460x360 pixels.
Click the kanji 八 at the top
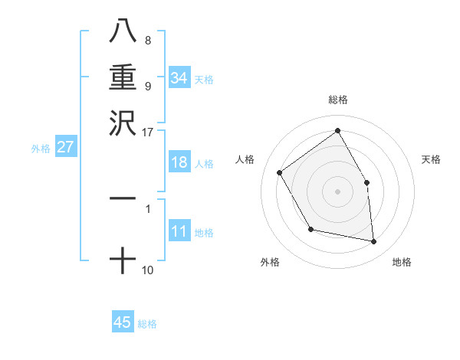pyautogui.click(x=122, y=32)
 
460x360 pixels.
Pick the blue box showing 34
pyautogui.click(x=179, y=78)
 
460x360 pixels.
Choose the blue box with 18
pyautogui.click(x=179, y=162)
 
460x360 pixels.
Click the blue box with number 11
pyautogui.click(x=179, y=232)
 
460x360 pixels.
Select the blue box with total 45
pyautogui.click(x=123, y=322)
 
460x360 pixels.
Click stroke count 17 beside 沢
pyautogui.click(x=148, y=132)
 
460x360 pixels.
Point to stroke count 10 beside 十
pyautogui.click(x=148, y=270)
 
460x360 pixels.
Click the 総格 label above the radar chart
pyautogui.click(x=338, y=100)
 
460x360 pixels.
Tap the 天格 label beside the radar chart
pyautogui.click(x=431, y=159)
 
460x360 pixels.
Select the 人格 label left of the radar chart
pyautogui.click(x=245, y=159)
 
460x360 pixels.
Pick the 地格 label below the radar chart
pyautogui.click(x=402, y=262)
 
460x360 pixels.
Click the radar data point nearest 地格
pyautogui.click(x=373, y=241)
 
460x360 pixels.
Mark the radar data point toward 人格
pyautogui.click(x=280, y=172)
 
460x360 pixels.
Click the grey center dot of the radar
pyautogui.click(x=338, y=191)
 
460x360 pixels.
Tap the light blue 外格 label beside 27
pyautogui.click(x=41, y=149)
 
